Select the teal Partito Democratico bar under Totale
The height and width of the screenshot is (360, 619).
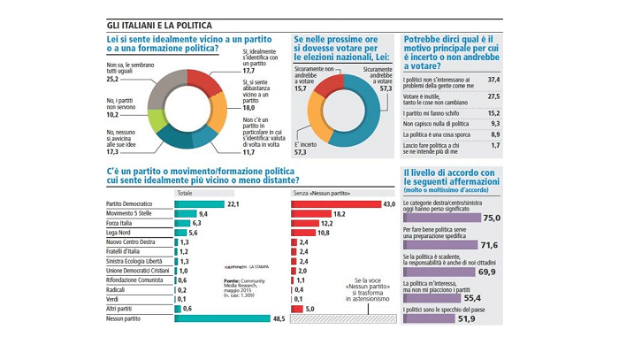[x=200, y=204]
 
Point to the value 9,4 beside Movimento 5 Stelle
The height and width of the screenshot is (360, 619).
[x=203, y=215]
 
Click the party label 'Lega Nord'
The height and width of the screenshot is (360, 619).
[x=120, y=232]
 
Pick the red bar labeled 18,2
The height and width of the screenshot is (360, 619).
[x=311, y=215]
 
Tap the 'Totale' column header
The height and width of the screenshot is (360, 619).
[x=185, y=192]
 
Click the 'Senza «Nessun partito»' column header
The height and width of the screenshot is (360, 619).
[x=322, y=192]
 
